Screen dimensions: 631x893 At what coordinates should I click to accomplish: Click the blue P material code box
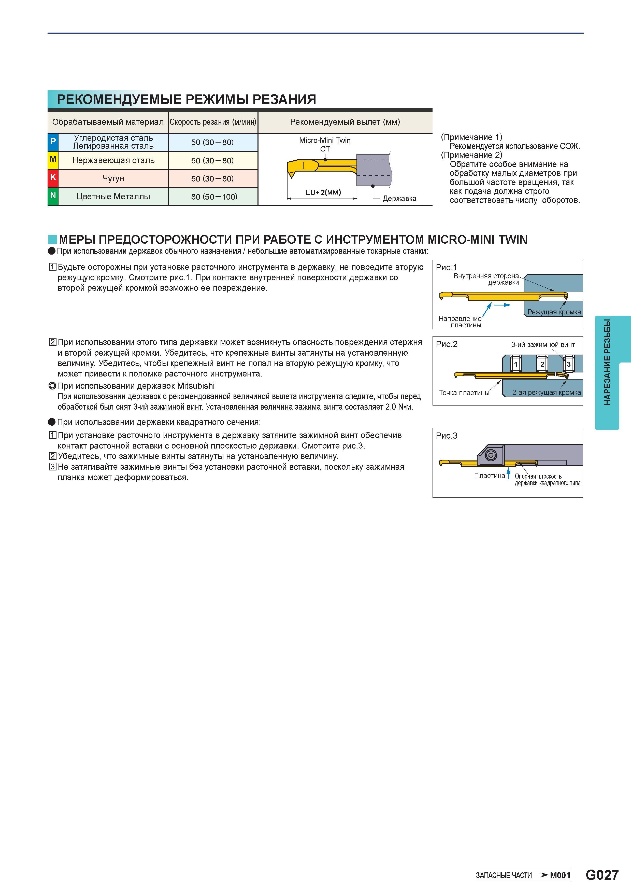pyautogui.click(x=53, y=142)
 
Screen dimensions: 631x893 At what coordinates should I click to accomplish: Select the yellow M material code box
pyautogui.click(x=53, y=160)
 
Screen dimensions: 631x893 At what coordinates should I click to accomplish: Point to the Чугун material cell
pyautogui.click(x=113, y=178)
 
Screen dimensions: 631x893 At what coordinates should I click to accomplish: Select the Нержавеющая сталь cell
pyautogui.click(x=113, y=160)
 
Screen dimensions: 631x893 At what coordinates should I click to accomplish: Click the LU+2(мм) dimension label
pyautogui.click(x=323, y=192)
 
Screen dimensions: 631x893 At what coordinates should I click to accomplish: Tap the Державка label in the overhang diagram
pyautogui.click(x=399, y=198)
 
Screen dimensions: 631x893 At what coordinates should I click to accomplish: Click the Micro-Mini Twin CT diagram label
pyautogui.click(x=325, y=144)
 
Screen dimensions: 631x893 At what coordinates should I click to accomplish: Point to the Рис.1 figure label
pyautogui.click(x=446, y=267)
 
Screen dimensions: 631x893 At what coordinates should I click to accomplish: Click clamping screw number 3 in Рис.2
pyautogui.click(x=568, y=364)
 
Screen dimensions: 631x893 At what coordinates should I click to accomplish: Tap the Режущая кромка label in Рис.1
pyautogui.click(x=554, y=312)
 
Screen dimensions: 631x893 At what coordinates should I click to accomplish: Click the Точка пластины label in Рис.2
pyautogui.click(x=464, y=393)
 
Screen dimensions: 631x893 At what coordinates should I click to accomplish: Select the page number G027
pyautogui.click(x=602, y=875)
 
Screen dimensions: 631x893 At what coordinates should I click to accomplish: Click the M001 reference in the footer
pyautogui.click(x=560, y=875)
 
